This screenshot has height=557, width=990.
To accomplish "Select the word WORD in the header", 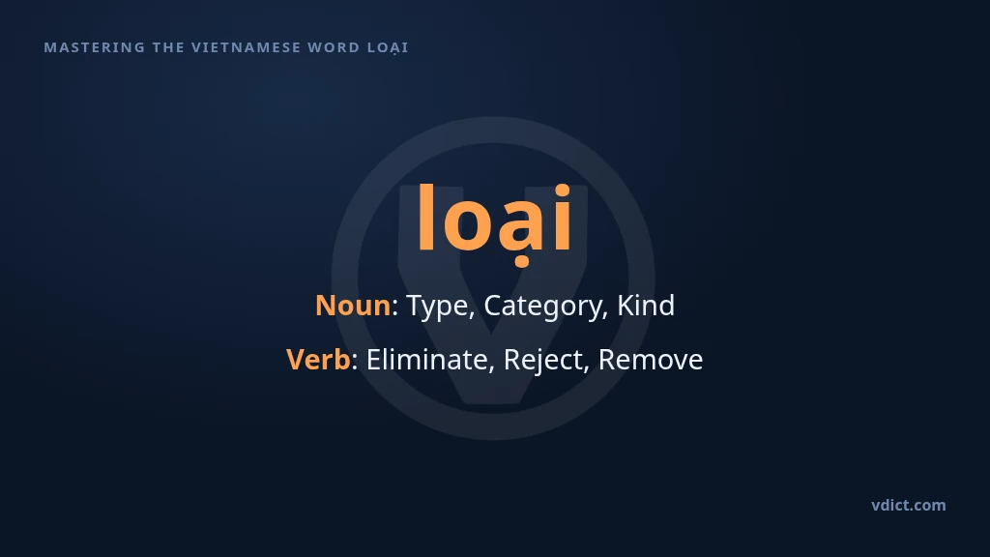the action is tap(334, 47).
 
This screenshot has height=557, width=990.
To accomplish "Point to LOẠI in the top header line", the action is tap(389, 48).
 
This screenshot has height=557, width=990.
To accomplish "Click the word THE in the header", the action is tap(168, 47).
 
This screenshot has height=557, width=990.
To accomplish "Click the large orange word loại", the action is tap(494, 221).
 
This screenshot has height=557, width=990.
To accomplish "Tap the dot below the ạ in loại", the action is tap(521, 261).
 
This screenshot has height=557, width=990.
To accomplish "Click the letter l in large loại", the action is tap(425, 217).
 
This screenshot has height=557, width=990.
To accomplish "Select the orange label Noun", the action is tap(353, 306).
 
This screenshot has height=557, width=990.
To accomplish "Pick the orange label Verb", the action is tap(318, 360).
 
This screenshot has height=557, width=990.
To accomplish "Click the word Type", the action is tap(440, 307).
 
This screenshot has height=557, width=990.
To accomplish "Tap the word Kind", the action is tap(645, 306).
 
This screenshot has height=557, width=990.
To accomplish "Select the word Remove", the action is tap(651, 360).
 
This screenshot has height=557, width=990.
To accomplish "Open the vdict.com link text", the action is tap(909, 505).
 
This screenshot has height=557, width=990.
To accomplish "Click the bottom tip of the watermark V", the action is tap(493, 401).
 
